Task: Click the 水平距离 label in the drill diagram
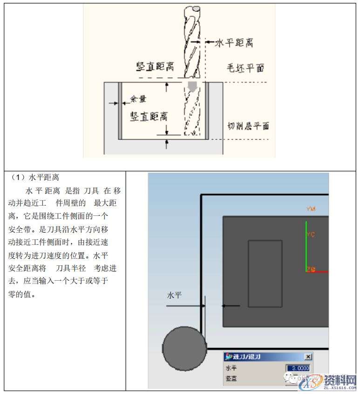[234, 43]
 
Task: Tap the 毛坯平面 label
[245, 68]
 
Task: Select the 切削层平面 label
[248, 126]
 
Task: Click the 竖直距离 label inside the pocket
[149, 116]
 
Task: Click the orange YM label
[311, 209]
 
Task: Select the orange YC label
[310, 235]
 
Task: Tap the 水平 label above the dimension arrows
[174, 295]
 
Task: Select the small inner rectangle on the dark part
[265, 273]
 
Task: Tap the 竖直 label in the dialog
[231, 378]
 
